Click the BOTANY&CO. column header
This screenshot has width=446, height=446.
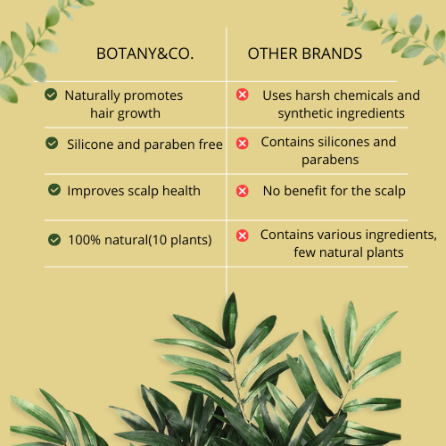pos(145,54)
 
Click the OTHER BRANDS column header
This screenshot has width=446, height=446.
pos(305,54)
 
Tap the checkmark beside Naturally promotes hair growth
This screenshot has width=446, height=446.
pos(51,95)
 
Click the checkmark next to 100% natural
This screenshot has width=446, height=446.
pos(54,239)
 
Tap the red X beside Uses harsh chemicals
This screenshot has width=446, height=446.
pos(242,95)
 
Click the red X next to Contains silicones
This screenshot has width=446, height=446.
pos(242,143)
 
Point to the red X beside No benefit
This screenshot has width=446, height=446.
pos(242,190)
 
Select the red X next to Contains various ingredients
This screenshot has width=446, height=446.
pos(242,235)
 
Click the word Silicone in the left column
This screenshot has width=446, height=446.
pos(94,145)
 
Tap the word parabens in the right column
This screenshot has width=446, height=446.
pos(329,161)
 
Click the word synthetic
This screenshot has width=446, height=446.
pos(306,113)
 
